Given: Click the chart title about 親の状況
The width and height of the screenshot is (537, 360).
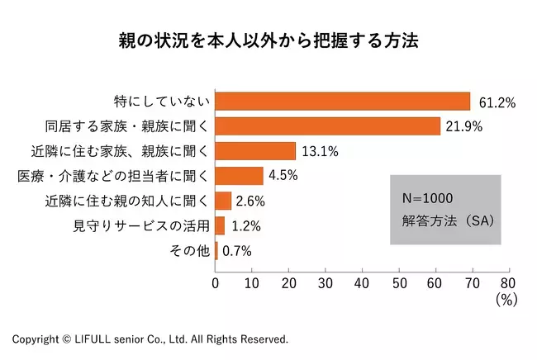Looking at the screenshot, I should tap(268, 40).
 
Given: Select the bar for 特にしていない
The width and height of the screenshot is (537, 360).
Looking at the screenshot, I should tap(342, 101).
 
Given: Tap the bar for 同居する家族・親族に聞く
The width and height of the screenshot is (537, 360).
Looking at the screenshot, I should tap(327, 126).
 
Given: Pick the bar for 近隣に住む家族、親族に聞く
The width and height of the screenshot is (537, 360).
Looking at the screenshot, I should tap(255, 150).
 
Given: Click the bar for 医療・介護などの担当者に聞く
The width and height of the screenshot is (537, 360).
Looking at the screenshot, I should tap(240, 176).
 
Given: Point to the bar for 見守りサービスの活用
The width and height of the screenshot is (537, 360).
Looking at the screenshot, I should tap(220, 225).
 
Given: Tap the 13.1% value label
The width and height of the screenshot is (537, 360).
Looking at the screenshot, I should tap(320, 151).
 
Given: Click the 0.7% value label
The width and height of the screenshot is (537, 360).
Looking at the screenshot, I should tap(236, 251).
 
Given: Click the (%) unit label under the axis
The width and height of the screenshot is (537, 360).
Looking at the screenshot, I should tap(506, 301).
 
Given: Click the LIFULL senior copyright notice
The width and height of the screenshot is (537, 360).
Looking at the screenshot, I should tap(150, 339).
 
